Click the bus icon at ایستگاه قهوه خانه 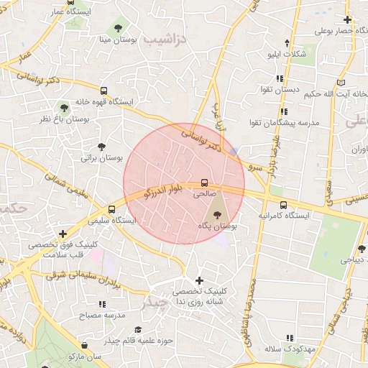(104, 91)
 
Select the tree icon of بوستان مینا (117, 28)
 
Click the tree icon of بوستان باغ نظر (65, 107)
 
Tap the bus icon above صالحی (204, 183)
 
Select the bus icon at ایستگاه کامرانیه (283, 204)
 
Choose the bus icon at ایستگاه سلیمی (111, 209)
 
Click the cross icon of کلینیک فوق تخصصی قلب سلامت (63, 234)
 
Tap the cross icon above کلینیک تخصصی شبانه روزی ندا (199, 280)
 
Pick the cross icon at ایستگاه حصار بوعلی (348, 20)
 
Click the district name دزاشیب (165, 39)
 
